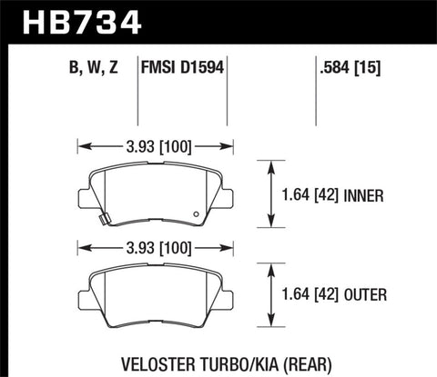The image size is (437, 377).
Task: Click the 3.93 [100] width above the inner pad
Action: [157, 144]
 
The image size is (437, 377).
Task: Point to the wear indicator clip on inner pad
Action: [104, 216]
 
